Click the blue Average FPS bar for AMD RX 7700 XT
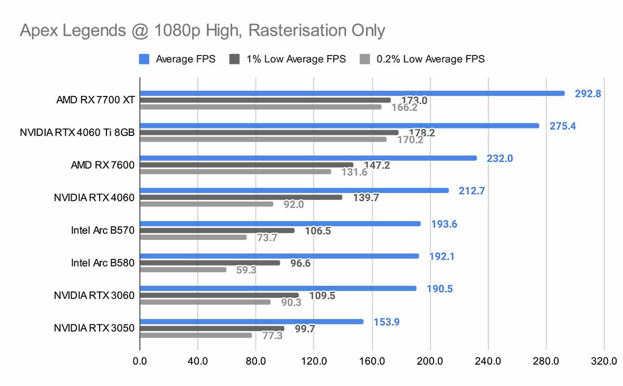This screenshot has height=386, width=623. (x=352, y=93)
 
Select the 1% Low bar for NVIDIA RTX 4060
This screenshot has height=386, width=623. (x=241, y=197)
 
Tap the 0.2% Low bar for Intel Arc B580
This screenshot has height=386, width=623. (x=183, y=270)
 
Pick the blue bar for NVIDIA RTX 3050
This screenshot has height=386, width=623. (x=252, y=322)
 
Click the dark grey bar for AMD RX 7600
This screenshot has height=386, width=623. (x=247, y=164)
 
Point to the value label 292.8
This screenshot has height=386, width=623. (x=588, y=94)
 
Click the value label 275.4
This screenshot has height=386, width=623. (x=563, y=126)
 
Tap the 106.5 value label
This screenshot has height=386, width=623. (x=318, y=231)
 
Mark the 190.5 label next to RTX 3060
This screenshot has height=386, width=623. (x=440, y=289)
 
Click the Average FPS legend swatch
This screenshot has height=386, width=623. (x=144, y=59)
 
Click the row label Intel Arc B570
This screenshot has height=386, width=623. (x=103, y=230)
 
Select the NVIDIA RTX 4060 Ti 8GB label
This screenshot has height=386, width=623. (x=77, y=132)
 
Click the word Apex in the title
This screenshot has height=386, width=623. (x=39, y=31)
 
